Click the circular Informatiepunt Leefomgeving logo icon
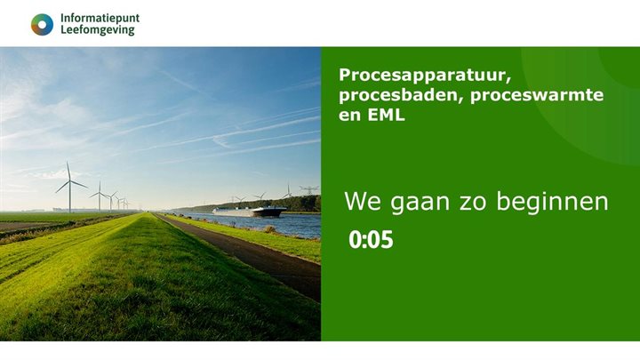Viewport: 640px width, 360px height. click(42, 24)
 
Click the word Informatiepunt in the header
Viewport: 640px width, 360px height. click(100, 18)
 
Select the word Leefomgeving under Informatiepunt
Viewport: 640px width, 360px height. click(98, 30)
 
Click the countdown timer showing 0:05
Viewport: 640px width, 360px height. click(371, 240)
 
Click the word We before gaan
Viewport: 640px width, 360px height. click(360, 202)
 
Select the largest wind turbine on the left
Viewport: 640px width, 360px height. click(68, 186)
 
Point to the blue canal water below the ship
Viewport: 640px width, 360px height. click(284, 227)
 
